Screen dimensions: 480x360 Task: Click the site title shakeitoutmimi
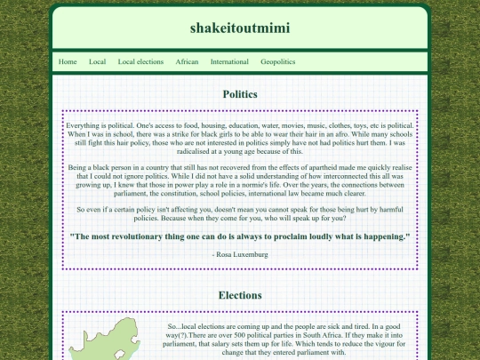(239, 28)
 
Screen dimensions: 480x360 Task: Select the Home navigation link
(68, 62)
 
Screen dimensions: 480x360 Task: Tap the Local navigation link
(98, 62)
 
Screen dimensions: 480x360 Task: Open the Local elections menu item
(140, 62)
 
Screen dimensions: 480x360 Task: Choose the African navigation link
(187, 62)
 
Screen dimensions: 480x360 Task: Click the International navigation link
(229, 62)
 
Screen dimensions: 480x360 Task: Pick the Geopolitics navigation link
(278, 62)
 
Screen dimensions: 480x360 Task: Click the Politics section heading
(240, 93)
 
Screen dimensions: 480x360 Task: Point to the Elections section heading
(240, 294)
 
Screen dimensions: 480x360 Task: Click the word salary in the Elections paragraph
(220, 344)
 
